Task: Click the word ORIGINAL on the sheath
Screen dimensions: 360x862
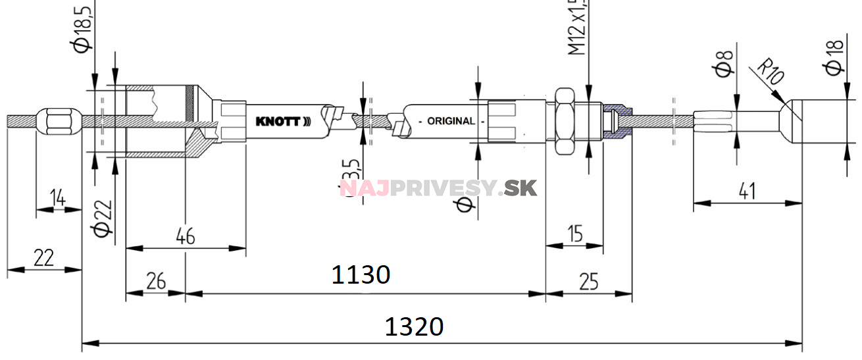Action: (451, 121)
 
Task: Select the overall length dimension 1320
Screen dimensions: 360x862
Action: (414, 326)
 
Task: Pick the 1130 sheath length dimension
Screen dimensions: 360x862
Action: (361, 274)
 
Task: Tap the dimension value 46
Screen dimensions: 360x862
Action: (186, 237)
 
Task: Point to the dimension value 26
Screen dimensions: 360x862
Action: (155, 282)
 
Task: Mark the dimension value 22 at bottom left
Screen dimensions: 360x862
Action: (43, 258)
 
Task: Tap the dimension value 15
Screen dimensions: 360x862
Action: (575, 234)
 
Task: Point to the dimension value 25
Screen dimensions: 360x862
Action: (589, 282)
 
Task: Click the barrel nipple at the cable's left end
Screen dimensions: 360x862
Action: (57, 120)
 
